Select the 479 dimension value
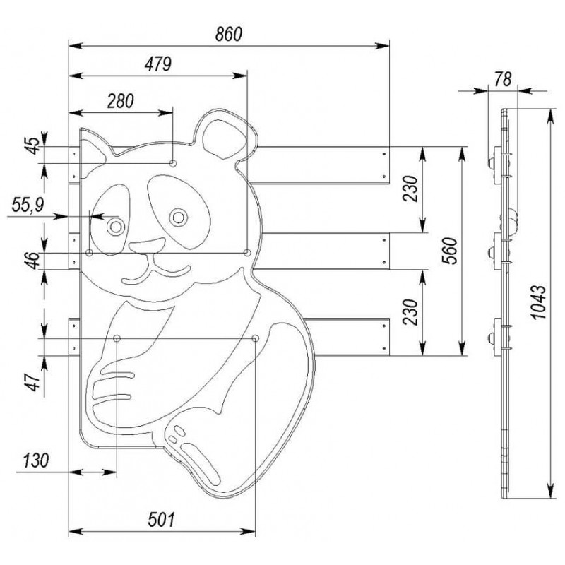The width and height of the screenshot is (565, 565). tap(158, 64)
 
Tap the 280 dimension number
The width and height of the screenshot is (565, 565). tap(121, 100)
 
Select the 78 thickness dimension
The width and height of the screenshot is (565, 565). tap(502, 78)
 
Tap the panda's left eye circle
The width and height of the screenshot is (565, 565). tap(115, 227)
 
